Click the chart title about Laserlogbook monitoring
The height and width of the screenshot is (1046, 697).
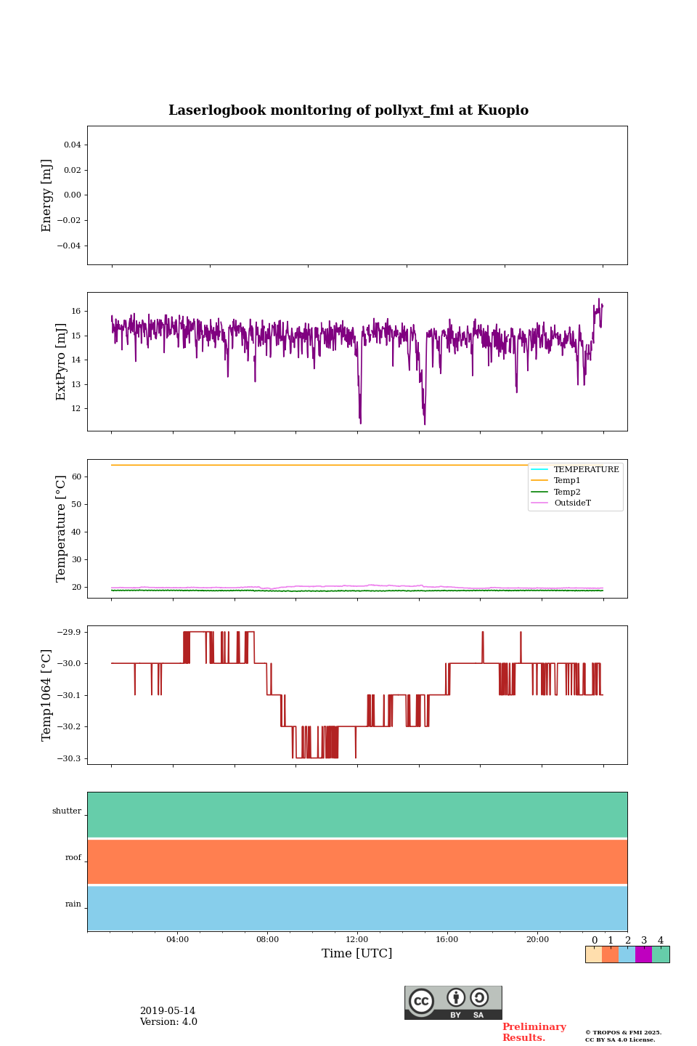[348, 110]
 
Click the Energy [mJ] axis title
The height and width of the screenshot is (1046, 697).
[47, 195]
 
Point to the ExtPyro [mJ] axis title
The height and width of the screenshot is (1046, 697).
[61, 362]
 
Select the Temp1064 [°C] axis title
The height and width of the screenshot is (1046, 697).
[47, 695]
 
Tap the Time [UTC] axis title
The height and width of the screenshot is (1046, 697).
[356, 953]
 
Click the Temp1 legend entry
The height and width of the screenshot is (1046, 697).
[567, 481]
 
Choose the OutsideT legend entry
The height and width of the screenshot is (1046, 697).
[572, 503]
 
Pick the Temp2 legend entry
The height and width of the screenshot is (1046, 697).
[567, 492]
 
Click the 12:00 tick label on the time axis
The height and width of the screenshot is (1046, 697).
[357, 940]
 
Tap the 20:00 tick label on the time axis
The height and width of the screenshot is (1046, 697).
[537, 940]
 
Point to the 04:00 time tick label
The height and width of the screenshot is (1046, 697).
[177, 940]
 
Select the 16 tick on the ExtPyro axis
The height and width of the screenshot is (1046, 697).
[76, 311]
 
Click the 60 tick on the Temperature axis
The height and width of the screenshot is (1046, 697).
[76, 477]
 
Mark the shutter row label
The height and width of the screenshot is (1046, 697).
[67, 811]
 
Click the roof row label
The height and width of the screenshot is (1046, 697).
[73, 858]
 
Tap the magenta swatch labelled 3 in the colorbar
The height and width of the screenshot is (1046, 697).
[643, 954]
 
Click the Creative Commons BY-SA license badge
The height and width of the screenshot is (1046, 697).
[453, 1002]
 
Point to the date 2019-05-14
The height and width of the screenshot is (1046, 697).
[168, 1011]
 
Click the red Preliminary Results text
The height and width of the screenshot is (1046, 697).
[534, 1032]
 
